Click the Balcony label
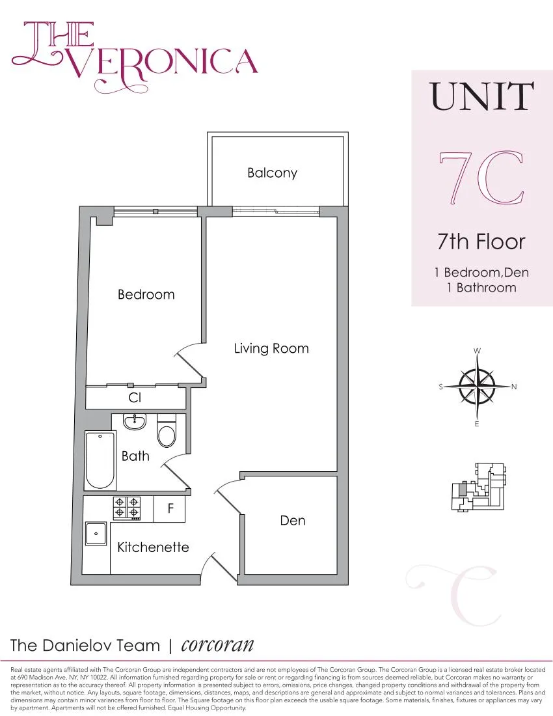click(x=272, y=173)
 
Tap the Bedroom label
click(x=146, y=294)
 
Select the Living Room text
click(x=271, y=348)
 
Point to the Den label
click(x=293, y=521)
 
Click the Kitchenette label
click(x=153, y=547)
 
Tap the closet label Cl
click(x=135, y=397)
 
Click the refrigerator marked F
click(x=170, y=509)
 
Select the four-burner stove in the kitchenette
click(x=127, y=508)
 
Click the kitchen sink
click(x=96, y=533)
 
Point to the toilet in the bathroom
click(x=167, y=432)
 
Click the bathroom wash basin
click(x=135, y=422)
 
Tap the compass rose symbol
click(x=478, y=387)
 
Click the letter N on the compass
click(x=514, y=387)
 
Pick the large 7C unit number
click(x=481, y=178)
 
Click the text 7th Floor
click(x=481, y=242)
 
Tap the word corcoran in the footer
click(x=217, y=645)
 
